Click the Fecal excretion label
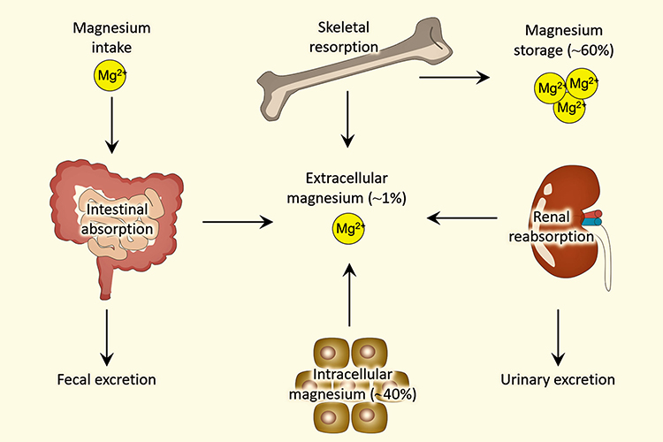(x=106, y=380)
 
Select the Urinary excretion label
(x=557, y=380)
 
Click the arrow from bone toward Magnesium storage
(x=454, y=78)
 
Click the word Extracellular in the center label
(x=324, y=179)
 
